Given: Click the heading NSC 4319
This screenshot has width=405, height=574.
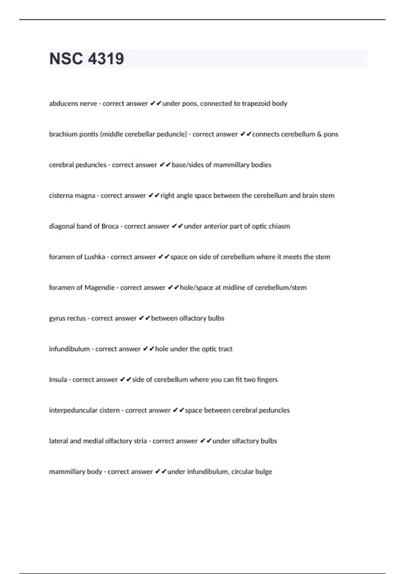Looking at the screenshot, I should click(87, 59).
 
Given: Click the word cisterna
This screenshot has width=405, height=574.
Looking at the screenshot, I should click(60, 195).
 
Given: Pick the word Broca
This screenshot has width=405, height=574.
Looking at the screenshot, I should click(110, 226).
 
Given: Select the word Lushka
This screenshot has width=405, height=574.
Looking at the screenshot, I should click(94, 257).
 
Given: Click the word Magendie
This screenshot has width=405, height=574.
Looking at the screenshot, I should click(100, 288).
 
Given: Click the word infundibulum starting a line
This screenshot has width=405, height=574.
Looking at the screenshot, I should click(69, 349).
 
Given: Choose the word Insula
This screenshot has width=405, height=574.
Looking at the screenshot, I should click(58, 380).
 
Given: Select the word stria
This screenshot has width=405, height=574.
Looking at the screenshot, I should click(139, 441).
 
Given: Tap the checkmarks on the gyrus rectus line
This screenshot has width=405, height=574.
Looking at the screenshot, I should click(144, 318).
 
